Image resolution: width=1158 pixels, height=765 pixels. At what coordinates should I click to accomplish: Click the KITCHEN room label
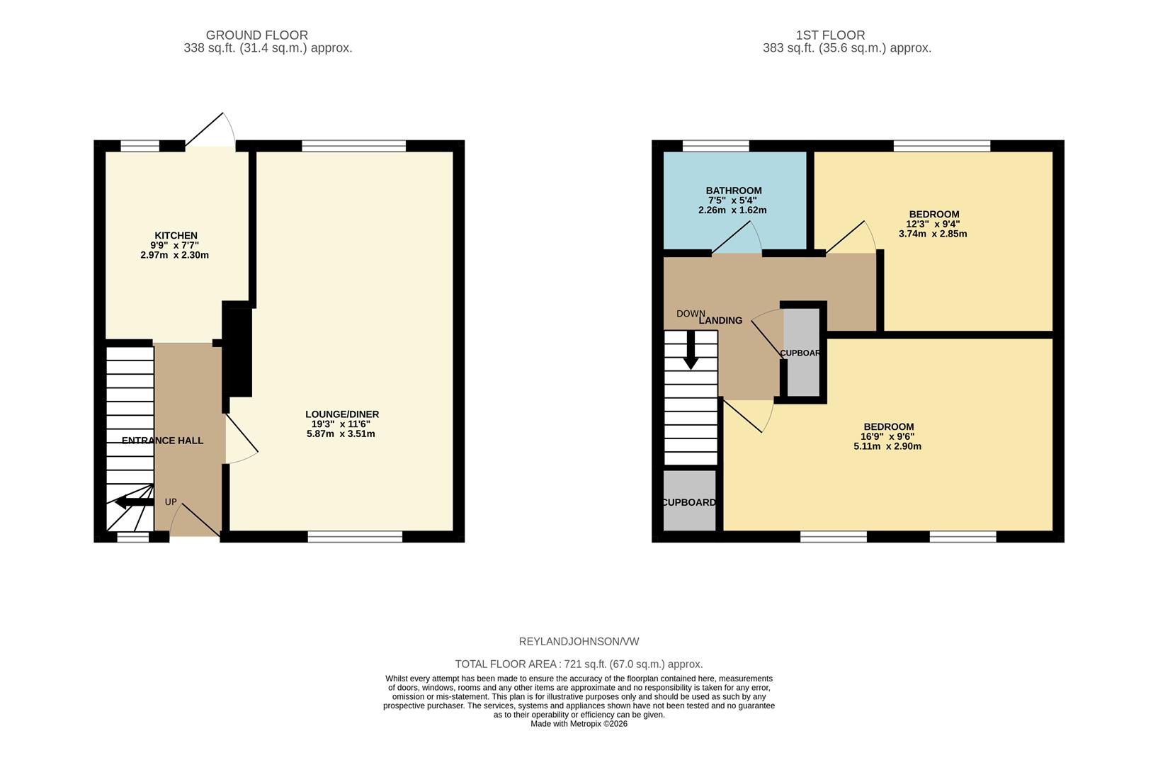[x=176, y=236]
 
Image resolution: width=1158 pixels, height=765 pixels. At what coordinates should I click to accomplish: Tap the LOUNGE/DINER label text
[x=342, y=414]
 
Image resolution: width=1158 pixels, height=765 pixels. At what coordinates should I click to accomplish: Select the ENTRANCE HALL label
[x=162, y=441]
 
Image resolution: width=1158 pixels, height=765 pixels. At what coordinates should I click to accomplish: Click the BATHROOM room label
[x=734, y=191]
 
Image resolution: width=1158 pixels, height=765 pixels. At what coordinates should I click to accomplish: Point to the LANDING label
[x=720, y=321]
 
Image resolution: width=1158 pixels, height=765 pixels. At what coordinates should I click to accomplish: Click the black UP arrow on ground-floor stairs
[x=133, y=502]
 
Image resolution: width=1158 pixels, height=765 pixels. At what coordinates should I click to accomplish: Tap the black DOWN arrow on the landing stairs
[x=691, y=352]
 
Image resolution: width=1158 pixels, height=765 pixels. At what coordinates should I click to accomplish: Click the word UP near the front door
[x=171, y=502]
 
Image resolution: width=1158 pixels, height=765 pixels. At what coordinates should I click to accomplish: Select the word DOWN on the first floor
[x=691, y=314]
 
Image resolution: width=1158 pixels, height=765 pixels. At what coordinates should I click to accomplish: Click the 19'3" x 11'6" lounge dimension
[x=341, y=424]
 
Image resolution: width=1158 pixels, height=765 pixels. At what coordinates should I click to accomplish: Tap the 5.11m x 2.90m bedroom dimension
[x=887, y=447]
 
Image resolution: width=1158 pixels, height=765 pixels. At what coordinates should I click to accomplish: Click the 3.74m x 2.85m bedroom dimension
[x=933, y=234]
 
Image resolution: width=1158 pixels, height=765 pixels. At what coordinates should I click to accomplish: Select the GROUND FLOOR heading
[x=257, y=35]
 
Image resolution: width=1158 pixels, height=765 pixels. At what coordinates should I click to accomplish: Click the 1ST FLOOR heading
[x=830, y=35]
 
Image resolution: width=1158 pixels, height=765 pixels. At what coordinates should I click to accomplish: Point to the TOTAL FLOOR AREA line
[x=579, y=664]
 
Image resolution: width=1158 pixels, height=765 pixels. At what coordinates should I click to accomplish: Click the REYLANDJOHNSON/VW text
[x=579, y=642]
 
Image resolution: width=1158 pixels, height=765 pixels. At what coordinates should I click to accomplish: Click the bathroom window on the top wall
[x=715, y=146]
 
